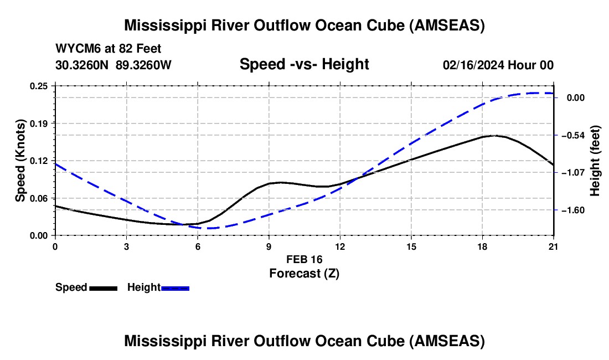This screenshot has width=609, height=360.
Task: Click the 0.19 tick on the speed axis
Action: pos(42,123)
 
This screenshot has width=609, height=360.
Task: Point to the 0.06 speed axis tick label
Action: pos(42,198)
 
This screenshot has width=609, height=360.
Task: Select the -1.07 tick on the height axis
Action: pos(576,172)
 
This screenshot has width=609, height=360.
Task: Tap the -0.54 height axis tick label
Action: pos(576,135)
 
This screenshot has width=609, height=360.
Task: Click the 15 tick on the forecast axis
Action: pos(411,246)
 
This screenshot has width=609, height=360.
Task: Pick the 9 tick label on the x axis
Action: pos(269,246)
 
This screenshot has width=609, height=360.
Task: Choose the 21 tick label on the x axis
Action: pos(554,246)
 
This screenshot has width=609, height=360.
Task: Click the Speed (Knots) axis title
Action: pos(20,161)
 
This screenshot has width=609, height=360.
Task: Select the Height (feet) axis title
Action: pos(595,161)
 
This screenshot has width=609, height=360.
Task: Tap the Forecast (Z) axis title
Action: pos(304,273)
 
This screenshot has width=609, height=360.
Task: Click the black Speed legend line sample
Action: pos(103,287)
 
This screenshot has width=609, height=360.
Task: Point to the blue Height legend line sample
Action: pos(175,287)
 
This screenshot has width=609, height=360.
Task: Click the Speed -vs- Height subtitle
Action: pos(304,64)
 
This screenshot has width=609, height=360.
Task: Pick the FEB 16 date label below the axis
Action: pos(304,259)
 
